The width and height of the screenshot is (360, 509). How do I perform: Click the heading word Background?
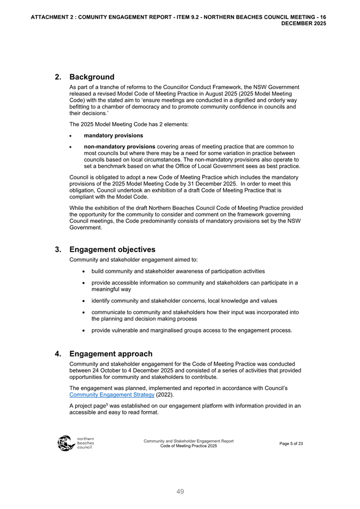click(92, 77)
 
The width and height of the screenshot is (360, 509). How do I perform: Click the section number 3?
click(58, 249)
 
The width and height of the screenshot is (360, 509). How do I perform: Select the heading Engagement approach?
click(111, 354)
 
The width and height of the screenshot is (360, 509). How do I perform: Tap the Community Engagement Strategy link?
click(112, 395)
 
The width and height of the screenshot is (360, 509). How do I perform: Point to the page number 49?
click(180, 492)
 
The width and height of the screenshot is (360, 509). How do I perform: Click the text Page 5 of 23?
click(291, 443)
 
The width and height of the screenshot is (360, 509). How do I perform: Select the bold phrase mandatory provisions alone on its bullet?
click(114, 135)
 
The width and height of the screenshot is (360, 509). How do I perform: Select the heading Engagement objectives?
click(113, 249)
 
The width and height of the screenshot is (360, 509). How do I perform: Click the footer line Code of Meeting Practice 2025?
click(188, 446)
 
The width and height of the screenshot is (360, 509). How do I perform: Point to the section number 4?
click(58, 354)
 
